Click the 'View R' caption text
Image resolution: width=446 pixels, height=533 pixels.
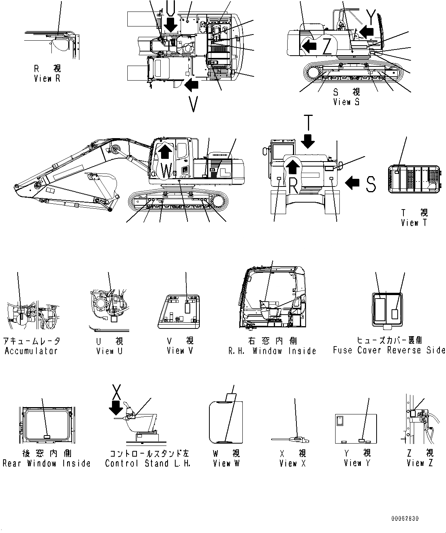[x=47, y=79]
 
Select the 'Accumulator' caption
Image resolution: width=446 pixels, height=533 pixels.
[x=31, y=351]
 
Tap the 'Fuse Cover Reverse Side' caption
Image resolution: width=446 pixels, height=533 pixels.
[x=389, y=350]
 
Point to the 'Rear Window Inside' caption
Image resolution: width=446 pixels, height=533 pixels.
[x=46, y=463]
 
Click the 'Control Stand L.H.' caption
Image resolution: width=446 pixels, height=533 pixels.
[x=148, y=463]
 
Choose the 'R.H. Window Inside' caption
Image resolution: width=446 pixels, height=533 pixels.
[x=272, y=351]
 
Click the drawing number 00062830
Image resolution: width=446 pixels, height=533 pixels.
[x=405, y=518]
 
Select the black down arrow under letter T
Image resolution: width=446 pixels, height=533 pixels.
[x=308, y=143]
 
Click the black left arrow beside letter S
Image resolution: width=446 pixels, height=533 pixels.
[x=353, y=183]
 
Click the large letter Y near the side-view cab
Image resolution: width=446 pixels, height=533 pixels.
[x=371, y=16]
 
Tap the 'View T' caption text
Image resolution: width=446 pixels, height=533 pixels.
[x=413, y=223]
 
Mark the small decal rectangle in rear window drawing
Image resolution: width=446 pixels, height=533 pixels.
[x=47, y=437]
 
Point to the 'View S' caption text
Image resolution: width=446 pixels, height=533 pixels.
[x=346, y=102]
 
